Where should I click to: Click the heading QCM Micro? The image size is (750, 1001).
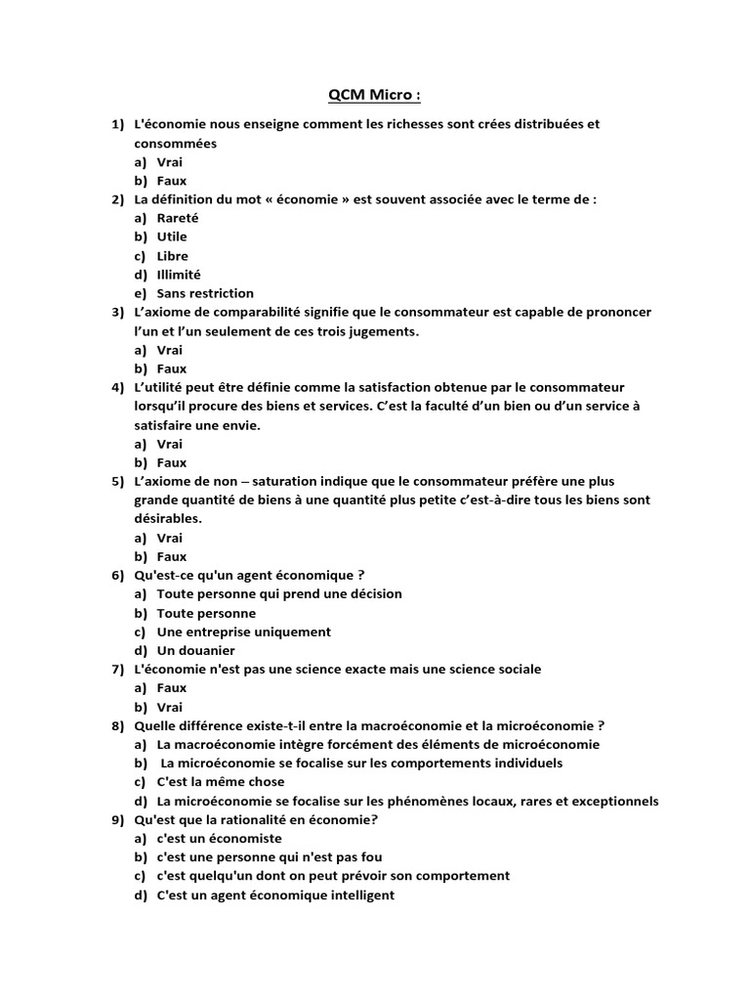coord(375,95)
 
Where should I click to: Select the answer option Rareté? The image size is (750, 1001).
coord(177,218)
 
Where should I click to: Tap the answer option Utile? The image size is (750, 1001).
coord(172,237)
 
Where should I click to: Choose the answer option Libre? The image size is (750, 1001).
coord(172,256)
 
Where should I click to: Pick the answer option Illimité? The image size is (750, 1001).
coord(178,275)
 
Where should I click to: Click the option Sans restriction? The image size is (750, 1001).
coord(205,293)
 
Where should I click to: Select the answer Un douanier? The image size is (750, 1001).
coord(195,650)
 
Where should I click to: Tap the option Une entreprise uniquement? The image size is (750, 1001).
coord(243,631)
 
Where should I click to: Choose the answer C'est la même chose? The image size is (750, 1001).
coord(221,782)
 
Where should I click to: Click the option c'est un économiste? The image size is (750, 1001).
coord(219,839)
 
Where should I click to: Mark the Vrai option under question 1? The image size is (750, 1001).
coord(169,162)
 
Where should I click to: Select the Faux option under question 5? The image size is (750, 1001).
coord(171,556)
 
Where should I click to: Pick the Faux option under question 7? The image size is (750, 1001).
coord(171,688)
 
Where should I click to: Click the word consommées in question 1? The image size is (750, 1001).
coord(176,143)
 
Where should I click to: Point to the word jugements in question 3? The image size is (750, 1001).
coord(388,331)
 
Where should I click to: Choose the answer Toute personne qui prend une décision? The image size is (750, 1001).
coord(278,593)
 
